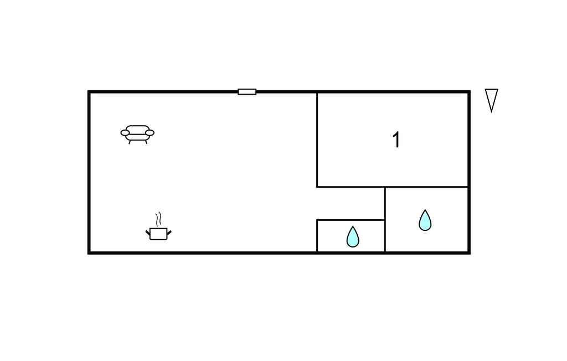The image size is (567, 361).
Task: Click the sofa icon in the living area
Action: click(x=137, y=135)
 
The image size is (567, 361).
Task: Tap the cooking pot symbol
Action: click(x=158, y=234)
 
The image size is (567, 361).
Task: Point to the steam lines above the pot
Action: click(x=158, y=219)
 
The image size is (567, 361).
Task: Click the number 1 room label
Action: click(x=396, y=140)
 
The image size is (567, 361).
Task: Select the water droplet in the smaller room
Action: click(x=353, y=237)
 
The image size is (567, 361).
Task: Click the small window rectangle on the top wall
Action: click(x=247, y=92)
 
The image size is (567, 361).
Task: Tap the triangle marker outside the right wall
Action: click(x=492, y=100)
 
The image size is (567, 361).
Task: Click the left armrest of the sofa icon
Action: click(x=125, y=133)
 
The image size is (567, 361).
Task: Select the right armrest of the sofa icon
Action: click(x=150, y=133)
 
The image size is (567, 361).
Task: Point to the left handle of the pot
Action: click(x=147, y=233)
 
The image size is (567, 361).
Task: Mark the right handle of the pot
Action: click(x=169, y=233)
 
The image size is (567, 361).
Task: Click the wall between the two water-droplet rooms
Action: click(x=385, y=220)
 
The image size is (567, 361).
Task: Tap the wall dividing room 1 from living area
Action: click(x=317, y=140)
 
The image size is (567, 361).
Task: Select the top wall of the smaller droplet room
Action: click(x=350, y=220)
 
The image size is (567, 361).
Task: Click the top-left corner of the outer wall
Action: click(x=89, y=92)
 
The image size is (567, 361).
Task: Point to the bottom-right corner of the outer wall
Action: click(x=469, y=253)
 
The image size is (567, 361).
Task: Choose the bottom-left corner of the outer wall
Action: click(x=89, y=253)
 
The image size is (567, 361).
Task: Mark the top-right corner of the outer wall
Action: click(x=469, y=92)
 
